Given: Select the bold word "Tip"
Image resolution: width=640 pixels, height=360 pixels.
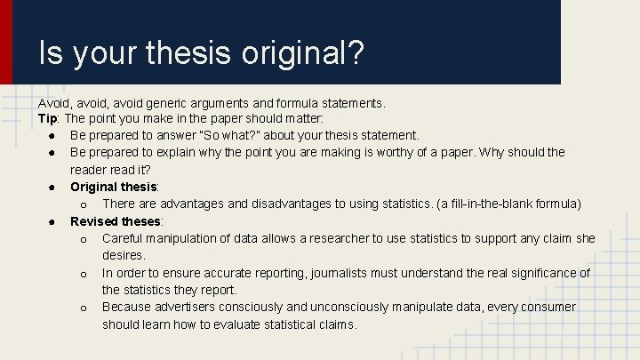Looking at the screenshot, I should [48, 118].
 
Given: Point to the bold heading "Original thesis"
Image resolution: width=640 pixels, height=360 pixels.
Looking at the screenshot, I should [114, 187].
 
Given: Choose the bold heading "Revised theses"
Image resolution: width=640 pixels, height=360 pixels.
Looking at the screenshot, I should [116, 221].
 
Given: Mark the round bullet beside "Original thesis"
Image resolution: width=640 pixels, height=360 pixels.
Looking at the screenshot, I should [55, 187].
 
